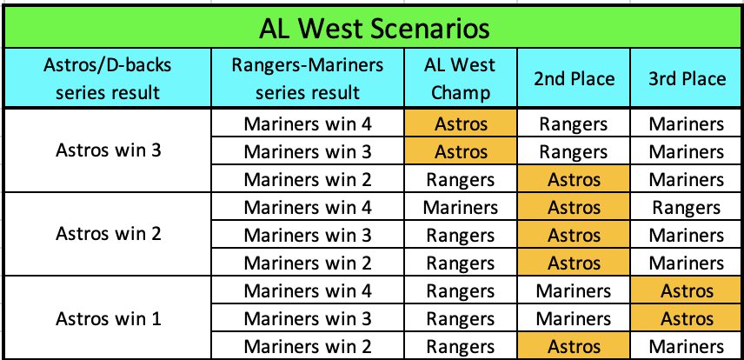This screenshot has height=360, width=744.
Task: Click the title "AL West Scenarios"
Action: pos(372,28)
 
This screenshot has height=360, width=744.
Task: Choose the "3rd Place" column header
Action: pos(687,78)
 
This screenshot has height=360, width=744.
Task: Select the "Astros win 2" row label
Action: pos(108,235)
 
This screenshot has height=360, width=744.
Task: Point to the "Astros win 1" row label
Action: pos(108,318)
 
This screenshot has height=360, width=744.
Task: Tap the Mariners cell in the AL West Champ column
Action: pos(460,208)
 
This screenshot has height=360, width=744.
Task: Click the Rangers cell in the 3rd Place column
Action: pos(687,208)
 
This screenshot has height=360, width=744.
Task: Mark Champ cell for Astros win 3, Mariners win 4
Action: pos(460,124)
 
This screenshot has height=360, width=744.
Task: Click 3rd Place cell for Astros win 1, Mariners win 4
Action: pos(687,291)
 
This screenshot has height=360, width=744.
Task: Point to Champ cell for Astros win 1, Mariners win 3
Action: pos(460,319)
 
